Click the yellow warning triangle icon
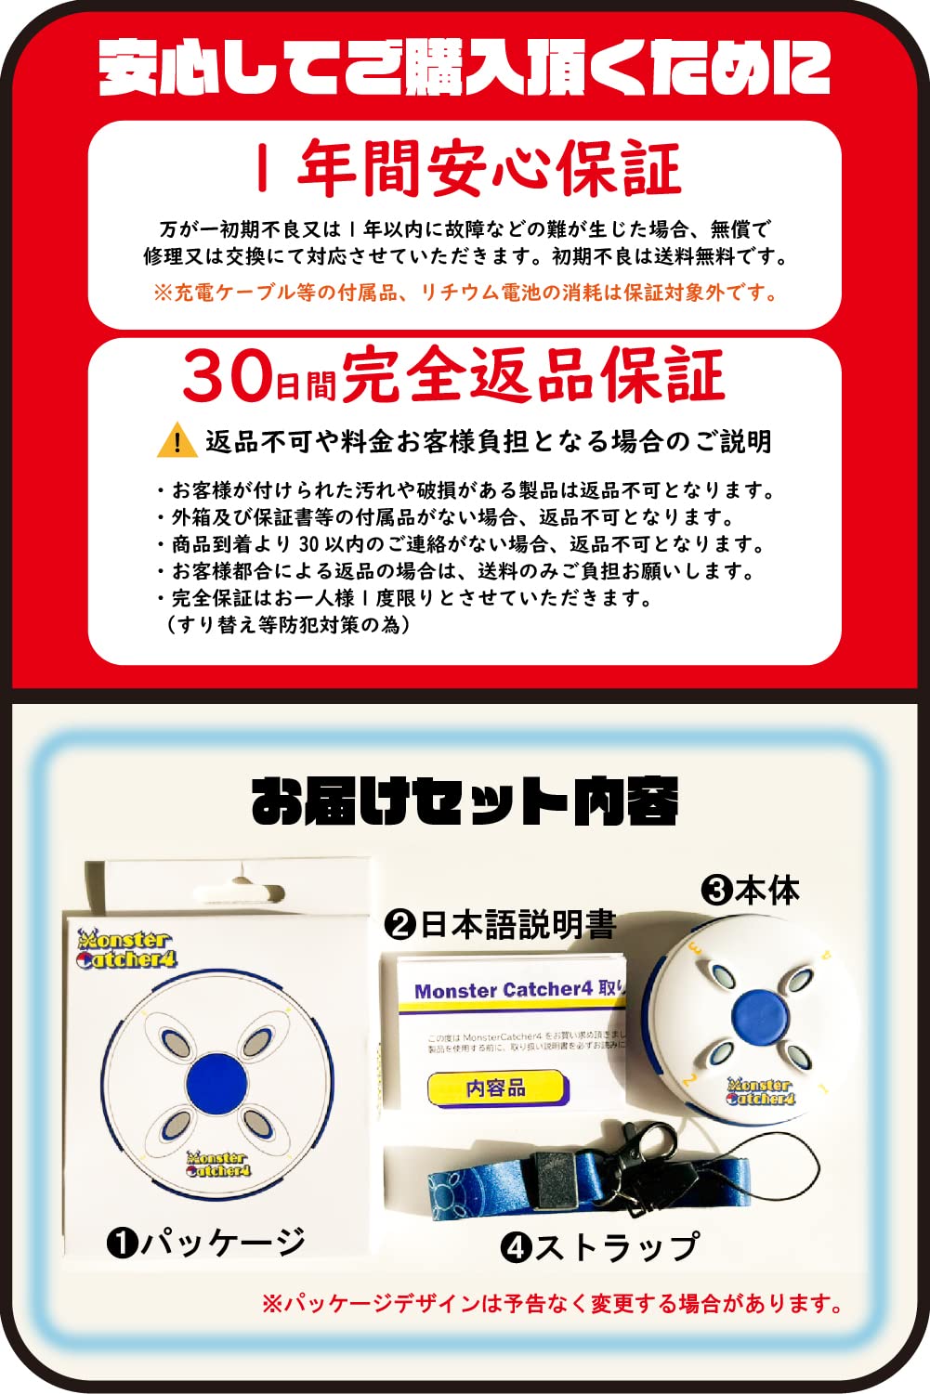coord(177,440)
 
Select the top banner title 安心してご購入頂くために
coord(465,67)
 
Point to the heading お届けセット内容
coord(465,801)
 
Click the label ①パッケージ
coord(206,1241)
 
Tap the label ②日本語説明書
coord(500,925)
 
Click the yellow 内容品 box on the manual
coord(496,1088)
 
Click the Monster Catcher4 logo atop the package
coord(126,950)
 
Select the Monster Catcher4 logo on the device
coord(761,1092)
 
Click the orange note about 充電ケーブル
coord(465,293)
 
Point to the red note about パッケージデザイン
coord(552,1304)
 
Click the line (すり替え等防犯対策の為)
coord(288,624)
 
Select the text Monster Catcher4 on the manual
coord(504,990)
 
